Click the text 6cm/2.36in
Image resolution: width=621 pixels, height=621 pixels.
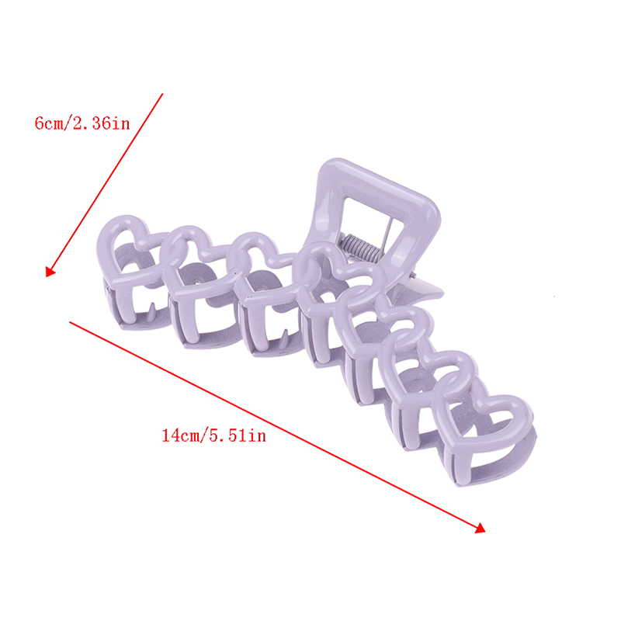[82, 123]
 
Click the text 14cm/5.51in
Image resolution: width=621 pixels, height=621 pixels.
[214, 435]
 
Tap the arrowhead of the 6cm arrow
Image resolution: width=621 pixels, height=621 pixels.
[50, 272]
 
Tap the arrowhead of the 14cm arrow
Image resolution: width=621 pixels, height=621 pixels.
[480, 529]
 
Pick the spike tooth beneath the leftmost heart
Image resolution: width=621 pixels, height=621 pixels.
[151, 313]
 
